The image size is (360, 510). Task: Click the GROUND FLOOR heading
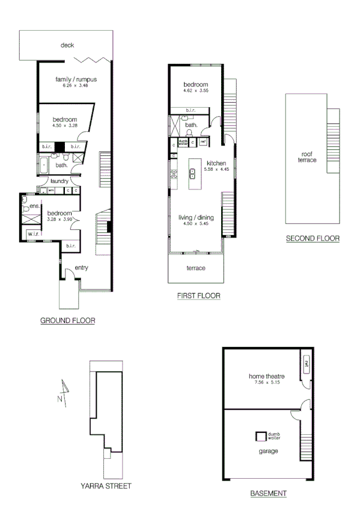pos(67,321)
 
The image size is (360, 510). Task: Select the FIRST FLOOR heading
pos(198,296)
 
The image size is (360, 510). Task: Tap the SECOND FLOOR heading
pos(313,238)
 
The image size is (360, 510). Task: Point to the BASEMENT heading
pos(268,493)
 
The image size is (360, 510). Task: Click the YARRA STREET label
pos(106,485)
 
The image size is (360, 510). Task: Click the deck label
pos(67,45)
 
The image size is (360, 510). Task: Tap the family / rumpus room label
pos(76,79)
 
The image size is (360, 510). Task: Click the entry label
pos(82,268)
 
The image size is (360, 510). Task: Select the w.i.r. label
pos(32,234)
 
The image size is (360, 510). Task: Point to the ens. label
pos(34,206)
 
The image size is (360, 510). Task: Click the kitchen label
pos(216,163)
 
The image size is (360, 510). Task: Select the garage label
pos(266,449)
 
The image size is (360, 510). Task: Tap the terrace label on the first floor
pos(196,268)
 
